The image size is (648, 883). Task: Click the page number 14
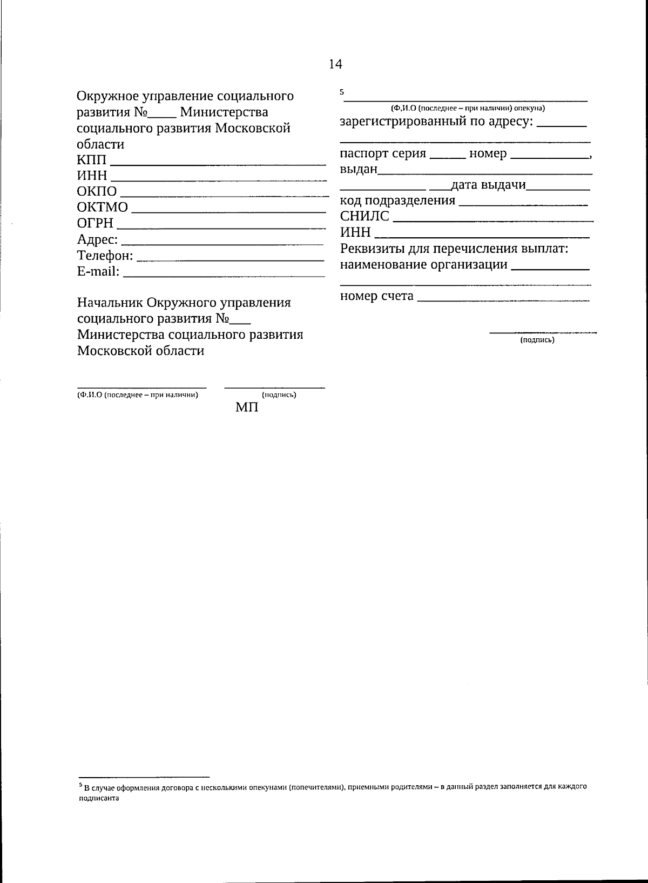point(335,64)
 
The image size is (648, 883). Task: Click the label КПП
point(92,160)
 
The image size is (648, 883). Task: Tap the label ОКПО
point(97,192)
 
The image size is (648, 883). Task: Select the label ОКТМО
point(103,208)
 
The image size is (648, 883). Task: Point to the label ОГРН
point(96,223)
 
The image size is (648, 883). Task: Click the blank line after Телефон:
point(231,260)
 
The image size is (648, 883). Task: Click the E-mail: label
point(98,271)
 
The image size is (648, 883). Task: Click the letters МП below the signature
point(247,407)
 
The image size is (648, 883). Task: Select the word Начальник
point(110,303)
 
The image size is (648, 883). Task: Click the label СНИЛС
point(364,217)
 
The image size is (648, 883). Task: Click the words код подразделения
point(398,201)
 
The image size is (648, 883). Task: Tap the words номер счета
point(377,296)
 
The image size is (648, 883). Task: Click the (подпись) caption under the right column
point(537,340)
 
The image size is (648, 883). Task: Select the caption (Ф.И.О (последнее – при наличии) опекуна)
point(468,108)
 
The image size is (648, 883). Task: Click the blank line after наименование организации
point(550,268)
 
